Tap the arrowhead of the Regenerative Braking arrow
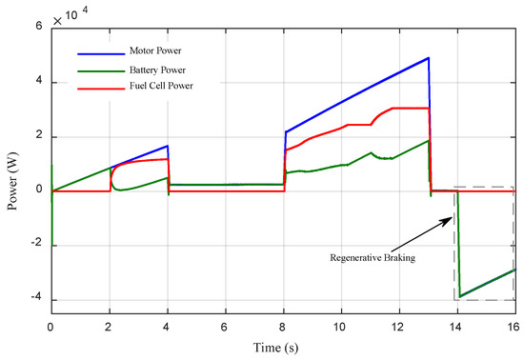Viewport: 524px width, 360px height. [x=451, y=219]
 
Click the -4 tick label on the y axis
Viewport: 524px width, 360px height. [x=36, y=301]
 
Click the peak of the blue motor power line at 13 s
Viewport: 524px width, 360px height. [x=429, y=58]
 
